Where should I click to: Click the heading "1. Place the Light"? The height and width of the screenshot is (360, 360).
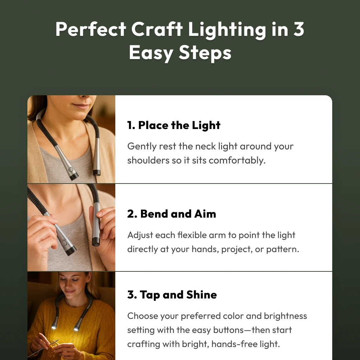(x=174, y=126)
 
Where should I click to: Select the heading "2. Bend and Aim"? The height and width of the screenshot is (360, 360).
(x=172, y=214)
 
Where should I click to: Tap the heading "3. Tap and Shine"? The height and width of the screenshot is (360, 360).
(x=172, y=295)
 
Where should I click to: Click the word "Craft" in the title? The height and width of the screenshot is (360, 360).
(x=157, y=30)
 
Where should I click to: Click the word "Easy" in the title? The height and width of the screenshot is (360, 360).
(x=151, y=53)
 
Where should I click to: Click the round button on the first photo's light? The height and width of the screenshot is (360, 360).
(x=71, y=169)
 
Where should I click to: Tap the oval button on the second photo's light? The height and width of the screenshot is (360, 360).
(x=64, y=243)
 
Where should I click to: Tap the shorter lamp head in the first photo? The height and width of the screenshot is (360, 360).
(x=96, y=172)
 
